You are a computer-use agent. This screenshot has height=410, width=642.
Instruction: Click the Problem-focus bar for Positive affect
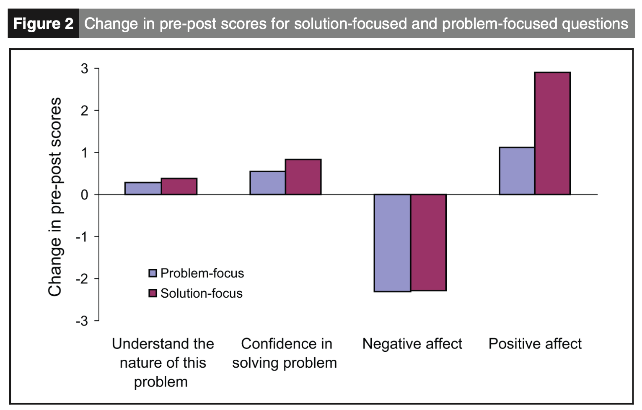click(517, 171)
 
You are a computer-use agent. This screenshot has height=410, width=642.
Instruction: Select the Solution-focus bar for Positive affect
click(552, 133)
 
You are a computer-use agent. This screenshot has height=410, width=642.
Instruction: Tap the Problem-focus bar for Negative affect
click(392, 243)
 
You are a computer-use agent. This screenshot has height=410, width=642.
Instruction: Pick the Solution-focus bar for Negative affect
click(428, 242)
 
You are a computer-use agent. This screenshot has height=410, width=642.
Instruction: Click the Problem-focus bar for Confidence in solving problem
click(268, 183)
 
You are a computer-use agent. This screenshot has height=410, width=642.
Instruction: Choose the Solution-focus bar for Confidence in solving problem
click(303, 177)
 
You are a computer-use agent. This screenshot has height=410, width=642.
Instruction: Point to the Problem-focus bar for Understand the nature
click(143, 189)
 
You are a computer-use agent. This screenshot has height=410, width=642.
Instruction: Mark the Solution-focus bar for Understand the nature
click(179, 187)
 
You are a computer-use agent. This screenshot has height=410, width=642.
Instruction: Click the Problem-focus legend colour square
click(153, 273)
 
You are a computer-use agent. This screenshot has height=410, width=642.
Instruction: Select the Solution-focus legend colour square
click(153, 293)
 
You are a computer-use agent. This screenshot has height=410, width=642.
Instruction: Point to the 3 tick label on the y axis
click(85, 68)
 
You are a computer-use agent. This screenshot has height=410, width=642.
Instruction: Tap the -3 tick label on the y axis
click(82, 321)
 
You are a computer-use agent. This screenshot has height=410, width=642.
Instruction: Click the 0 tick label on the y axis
click(85, 195)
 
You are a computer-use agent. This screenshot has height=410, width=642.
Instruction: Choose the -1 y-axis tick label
click(82, 237)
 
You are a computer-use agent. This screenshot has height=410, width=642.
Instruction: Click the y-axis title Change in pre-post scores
click(55, 197)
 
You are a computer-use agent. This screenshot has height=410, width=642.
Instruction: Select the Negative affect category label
click(412, 344)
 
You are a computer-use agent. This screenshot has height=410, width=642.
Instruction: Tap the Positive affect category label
click(535, 344)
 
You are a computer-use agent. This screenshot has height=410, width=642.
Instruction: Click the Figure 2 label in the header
click(43, 23)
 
